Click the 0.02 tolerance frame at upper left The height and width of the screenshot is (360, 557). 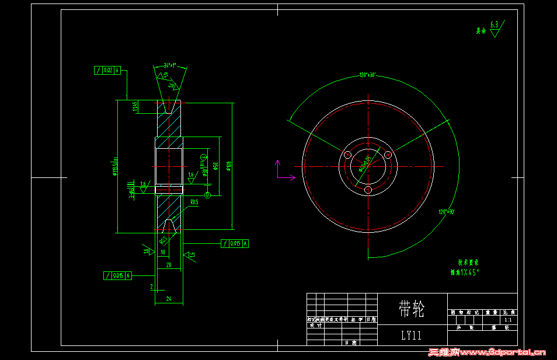point(107,71)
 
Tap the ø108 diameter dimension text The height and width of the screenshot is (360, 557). point(229,166)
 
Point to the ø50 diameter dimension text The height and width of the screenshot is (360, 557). point(215,166)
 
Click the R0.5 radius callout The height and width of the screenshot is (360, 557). point(194,202)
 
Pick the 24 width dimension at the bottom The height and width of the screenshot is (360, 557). point(169,299)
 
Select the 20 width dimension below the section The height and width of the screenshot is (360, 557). point(169,264)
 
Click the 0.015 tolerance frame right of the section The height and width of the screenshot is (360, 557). point(235,243)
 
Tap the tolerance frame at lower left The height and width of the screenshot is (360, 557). point(117,275)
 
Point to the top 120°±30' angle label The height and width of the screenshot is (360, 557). point(368,75)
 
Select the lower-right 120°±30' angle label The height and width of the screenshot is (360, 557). point(447,211)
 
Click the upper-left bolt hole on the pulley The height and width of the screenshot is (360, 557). point(347,155)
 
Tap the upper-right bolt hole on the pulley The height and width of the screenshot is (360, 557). point(388,155)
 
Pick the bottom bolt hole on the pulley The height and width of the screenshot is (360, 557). point(368,190)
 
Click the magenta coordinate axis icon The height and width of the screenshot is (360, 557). point(281,171)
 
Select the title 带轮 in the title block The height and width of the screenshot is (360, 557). point(411,309)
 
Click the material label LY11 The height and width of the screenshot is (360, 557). point(411,335)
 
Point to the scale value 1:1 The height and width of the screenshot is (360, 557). point(507,320)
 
